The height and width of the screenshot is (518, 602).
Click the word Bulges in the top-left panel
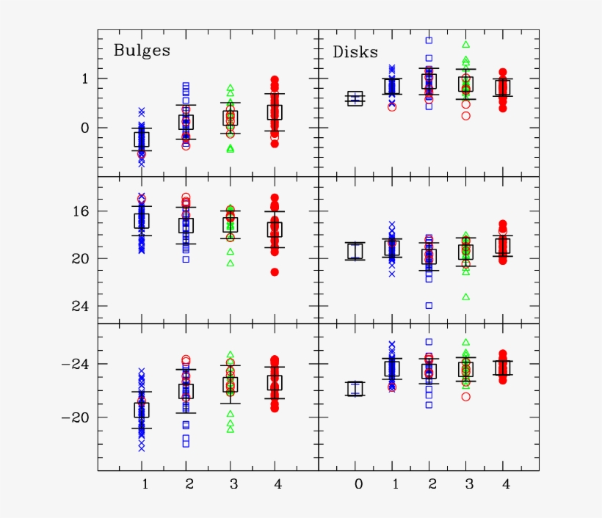click(x=141, y=51)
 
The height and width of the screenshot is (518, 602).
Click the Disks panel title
click(x=355, y=52)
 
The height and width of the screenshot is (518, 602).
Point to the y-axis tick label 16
click(x=81, y=211)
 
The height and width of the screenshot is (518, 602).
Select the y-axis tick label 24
click(x=81, y=306)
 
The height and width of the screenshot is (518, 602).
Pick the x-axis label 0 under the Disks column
click(x=358, y=484)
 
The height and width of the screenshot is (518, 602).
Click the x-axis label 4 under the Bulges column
click(x=276, y=484)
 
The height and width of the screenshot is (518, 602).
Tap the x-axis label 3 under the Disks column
click(x=468, y=484)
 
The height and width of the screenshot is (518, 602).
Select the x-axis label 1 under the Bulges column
click(x=145, y=484)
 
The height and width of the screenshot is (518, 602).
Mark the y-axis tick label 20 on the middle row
click(x=81, y=259)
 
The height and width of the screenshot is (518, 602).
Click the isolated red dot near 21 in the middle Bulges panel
click(x=275, y=272)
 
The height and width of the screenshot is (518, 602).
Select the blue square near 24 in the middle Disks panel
click(x=429, y=305)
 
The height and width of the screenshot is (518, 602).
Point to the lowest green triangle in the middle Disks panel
click(x=465, y=297)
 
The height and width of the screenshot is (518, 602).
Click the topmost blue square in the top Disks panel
click(x=429, y=40)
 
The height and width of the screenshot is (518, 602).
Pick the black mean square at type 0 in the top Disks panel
click(x=355, y=99)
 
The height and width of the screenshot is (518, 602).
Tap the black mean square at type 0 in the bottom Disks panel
click(x=355, y=389)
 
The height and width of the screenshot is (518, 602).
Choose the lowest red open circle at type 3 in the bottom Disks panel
click(x=465, y=397)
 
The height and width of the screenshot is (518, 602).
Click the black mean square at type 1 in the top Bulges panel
click(x=142, y=139)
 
